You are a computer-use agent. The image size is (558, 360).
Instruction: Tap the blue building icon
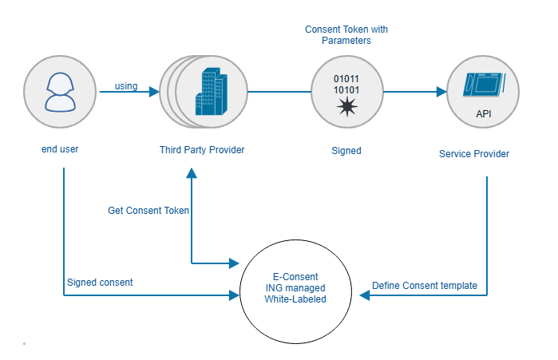point(208,92)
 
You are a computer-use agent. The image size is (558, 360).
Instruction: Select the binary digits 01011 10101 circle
point(346,92)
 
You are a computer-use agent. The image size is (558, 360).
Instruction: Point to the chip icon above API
point(483,85)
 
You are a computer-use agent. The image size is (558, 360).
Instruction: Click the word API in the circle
point(484,114)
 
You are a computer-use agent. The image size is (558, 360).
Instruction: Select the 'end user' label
point(60,149)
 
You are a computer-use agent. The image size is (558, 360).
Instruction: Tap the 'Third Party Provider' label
point(202,149)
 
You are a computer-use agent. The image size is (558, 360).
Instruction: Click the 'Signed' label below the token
point(346,150)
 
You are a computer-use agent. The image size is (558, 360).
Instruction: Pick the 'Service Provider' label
point(474,152)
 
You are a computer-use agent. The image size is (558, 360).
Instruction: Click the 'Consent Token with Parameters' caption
point(346,34)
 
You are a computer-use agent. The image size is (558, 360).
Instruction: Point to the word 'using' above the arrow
point(127,85)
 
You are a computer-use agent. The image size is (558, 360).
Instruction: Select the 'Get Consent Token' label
point(148,211)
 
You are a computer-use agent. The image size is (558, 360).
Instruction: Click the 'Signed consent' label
point(100,282)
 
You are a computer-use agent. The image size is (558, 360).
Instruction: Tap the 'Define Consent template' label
point(425,286)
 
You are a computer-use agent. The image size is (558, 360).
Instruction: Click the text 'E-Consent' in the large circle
point(296,275)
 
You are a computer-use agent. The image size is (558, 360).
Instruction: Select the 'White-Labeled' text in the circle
point(296,299)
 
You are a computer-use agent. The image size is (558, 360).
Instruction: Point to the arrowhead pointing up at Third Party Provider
point(192,173)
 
